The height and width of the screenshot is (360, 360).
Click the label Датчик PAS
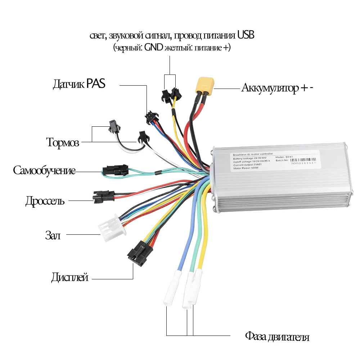coord(79,85)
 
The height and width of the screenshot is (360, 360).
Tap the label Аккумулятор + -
coord(277,88)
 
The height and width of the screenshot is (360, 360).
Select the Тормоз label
coord(63,142)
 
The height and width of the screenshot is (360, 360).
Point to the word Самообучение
coord(44,170)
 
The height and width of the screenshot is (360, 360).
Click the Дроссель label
coord(45,201)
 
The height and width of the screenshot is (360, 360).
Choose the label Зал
coord(53,236)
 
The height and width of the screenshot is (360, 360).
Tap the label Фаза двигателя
coord(277,337)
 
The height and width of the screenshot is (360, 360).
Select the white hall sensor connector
coord(111,228)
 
